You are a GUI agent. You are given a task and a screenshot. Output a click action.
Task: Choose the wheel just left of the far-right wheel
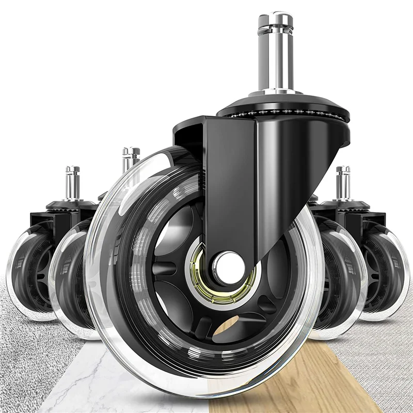341,279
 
